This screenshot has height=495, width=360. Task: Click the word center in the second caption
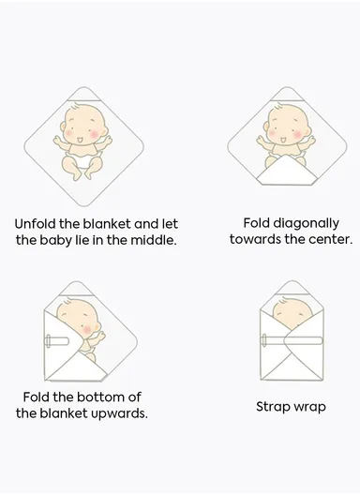click(330, 239)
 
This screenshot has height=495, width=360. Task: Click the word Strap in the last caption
click(275, 407)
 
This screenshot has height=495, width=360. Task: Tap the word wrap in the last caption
click(310, 408)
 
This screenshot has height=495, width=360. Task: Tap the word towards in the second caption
click(253, 239)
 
